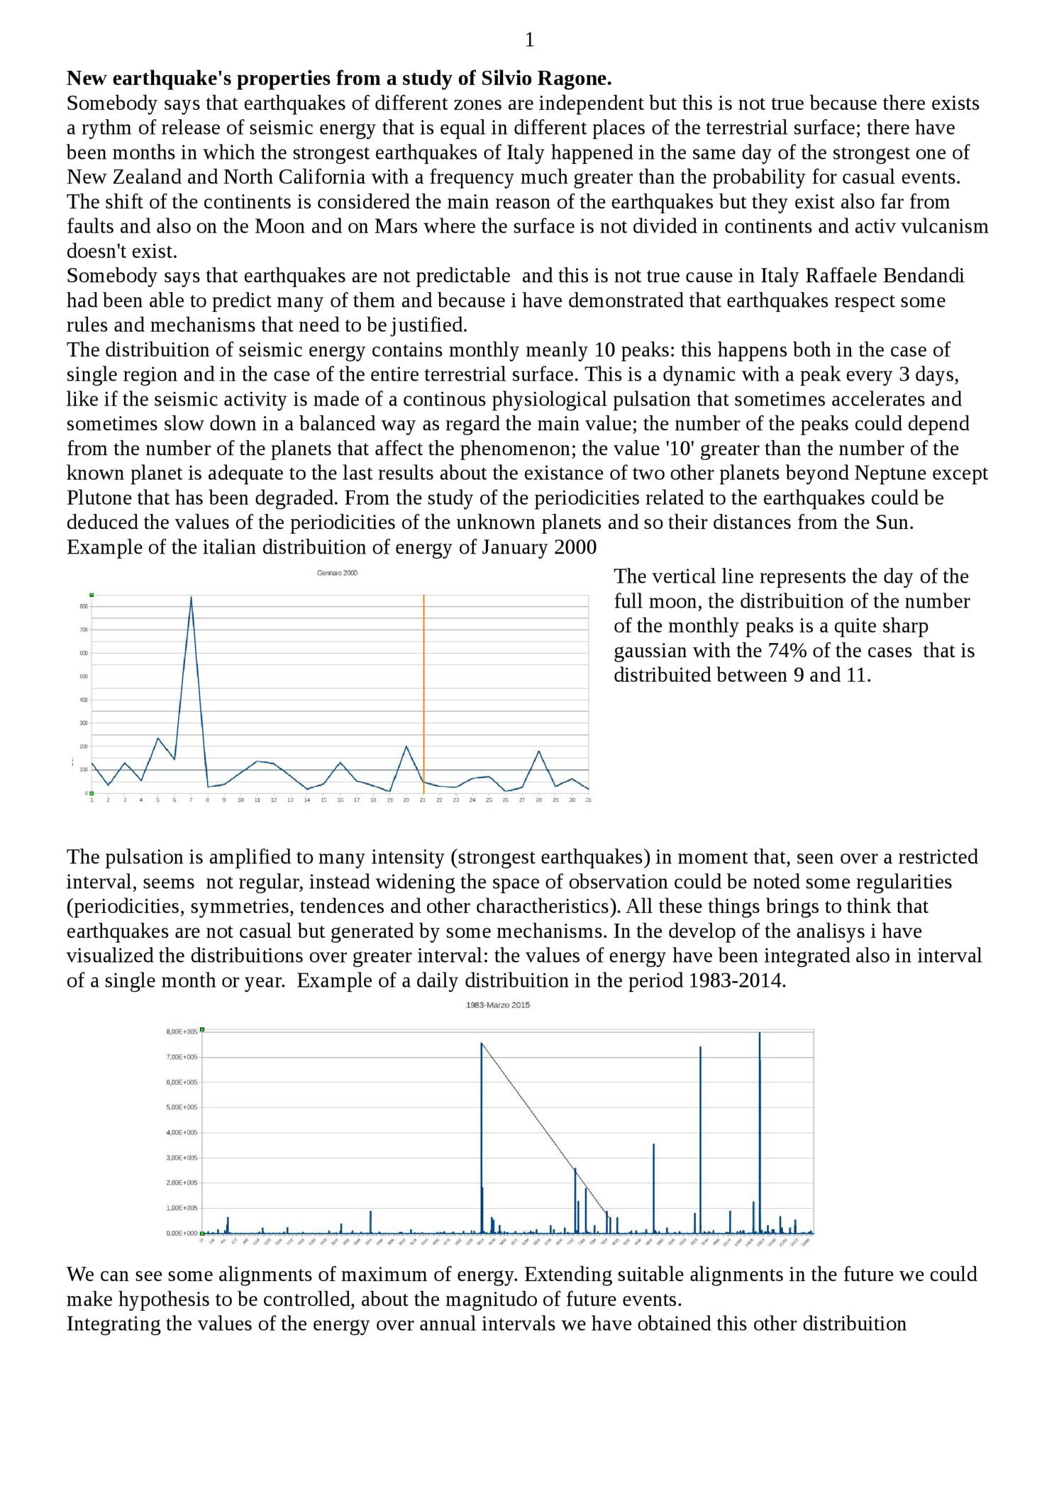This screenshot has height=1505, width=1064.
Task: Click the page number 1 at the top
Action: [529, 40]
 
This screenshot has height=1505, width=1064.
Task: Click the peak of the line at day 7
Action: [191, 597]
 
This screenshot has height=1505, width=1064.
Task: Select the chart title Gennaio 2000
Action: [337, 573]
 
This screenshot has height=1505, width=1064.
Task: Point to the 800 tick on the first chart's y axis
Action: [83, 606]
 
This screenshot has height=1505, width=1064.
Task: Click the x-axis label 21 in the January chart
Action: [423, 800]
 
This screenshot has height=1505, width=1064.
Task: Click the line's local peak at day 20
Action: [406, 746]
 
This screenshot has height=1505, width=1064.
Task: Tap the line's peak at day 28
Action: [538, 751]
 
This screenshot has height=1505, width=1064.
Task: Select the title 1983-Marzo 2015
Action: [497, 1005]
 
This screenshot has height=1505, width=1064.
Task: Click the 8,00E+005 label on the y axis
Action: [182, 1031]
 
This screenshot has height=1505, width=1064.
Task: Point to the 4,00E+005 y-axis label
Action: [182, 1132]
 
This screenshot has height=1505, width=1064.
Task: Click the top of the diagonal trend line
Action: [482, 1044]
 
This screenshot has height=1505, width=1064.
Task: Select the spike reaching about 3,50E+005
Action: [653, 1145]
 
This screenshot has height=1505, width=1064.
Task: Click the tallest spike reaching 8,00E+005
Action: [760, 1034]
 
